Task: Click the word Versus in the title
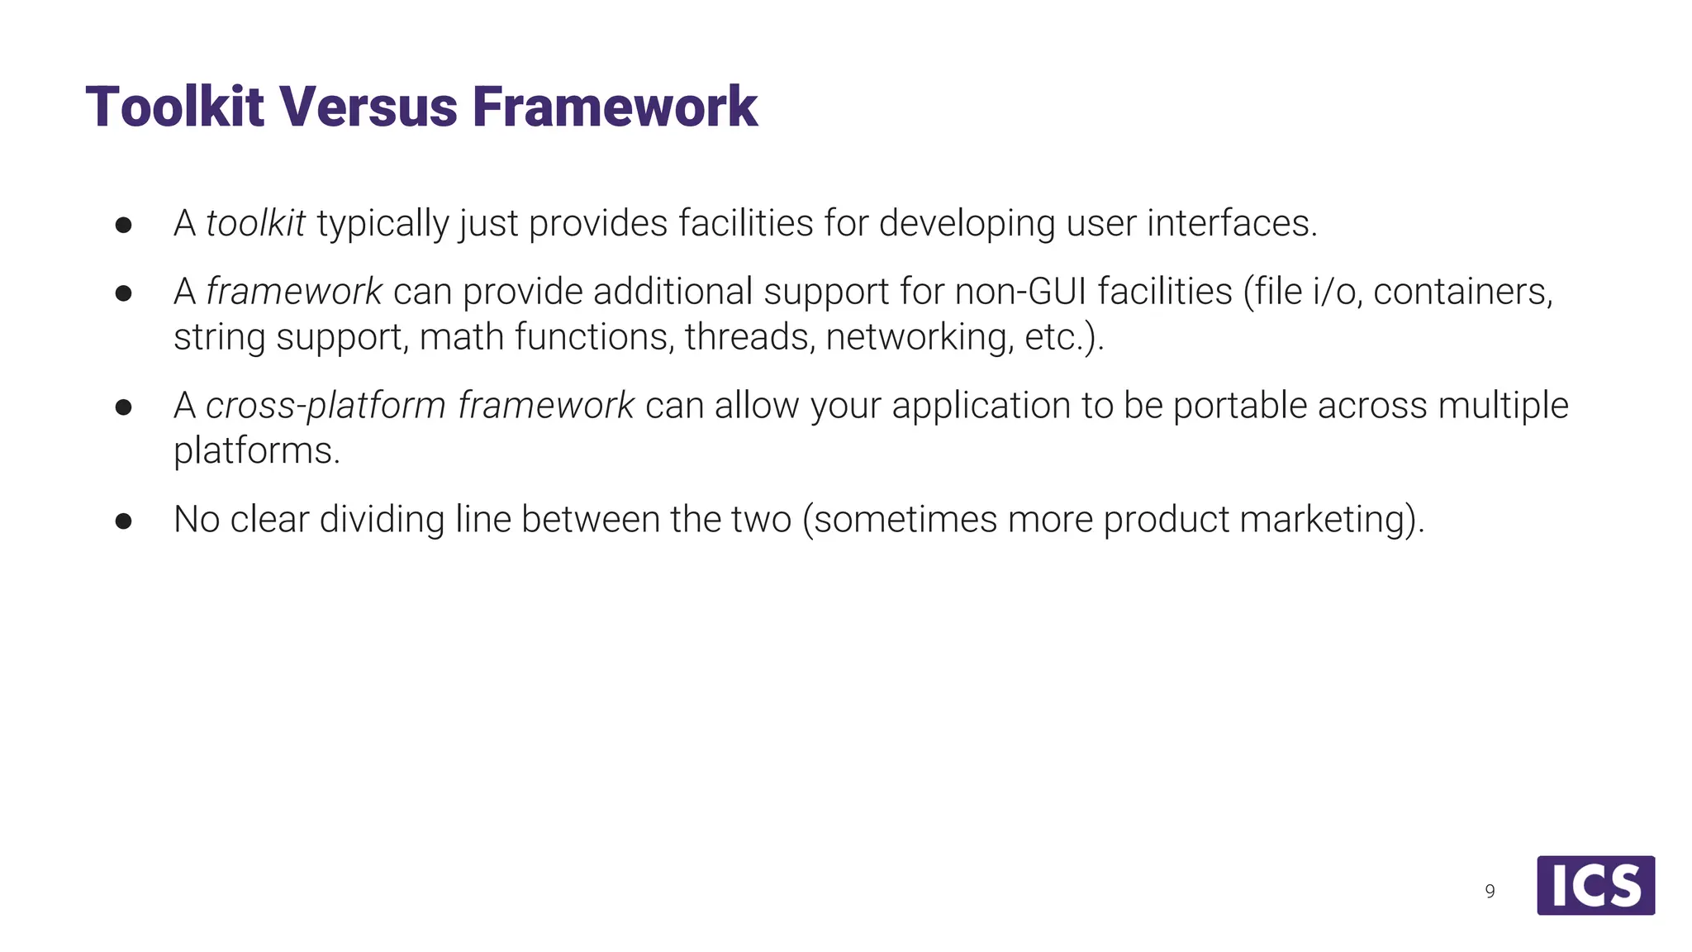[368, 107]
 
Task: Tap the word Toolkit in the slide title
[174, 107]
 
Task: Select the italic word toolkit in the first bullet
[255, 223]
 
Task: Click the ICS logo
[1595, 885]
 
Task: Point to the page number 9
[1490, 892]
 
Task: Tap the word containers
[1462, 292]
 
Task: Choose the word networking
[919, 337]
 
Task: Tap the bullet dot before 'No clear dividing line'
[124, 521]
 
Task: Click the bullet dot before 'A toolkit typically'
[124, 225]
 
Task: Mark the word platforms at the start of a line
[256, 451]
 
